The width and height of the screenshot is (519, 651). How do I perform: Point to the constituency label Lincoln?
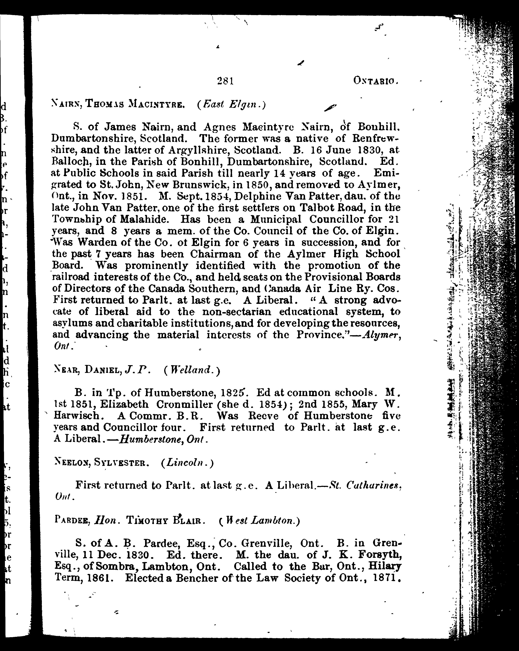pos(186,463)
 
